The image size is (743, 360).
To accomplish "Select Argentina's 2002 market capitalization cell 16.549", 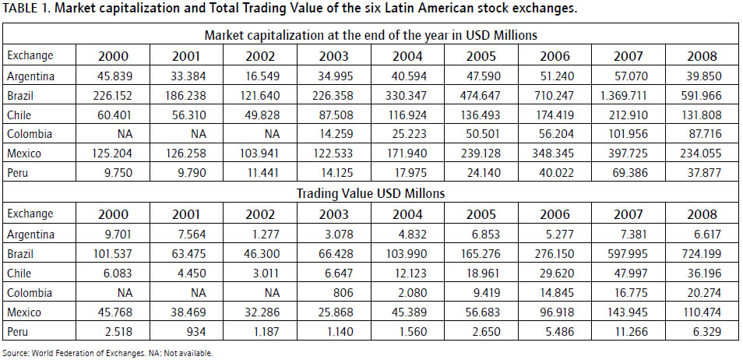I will (266, 76).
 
